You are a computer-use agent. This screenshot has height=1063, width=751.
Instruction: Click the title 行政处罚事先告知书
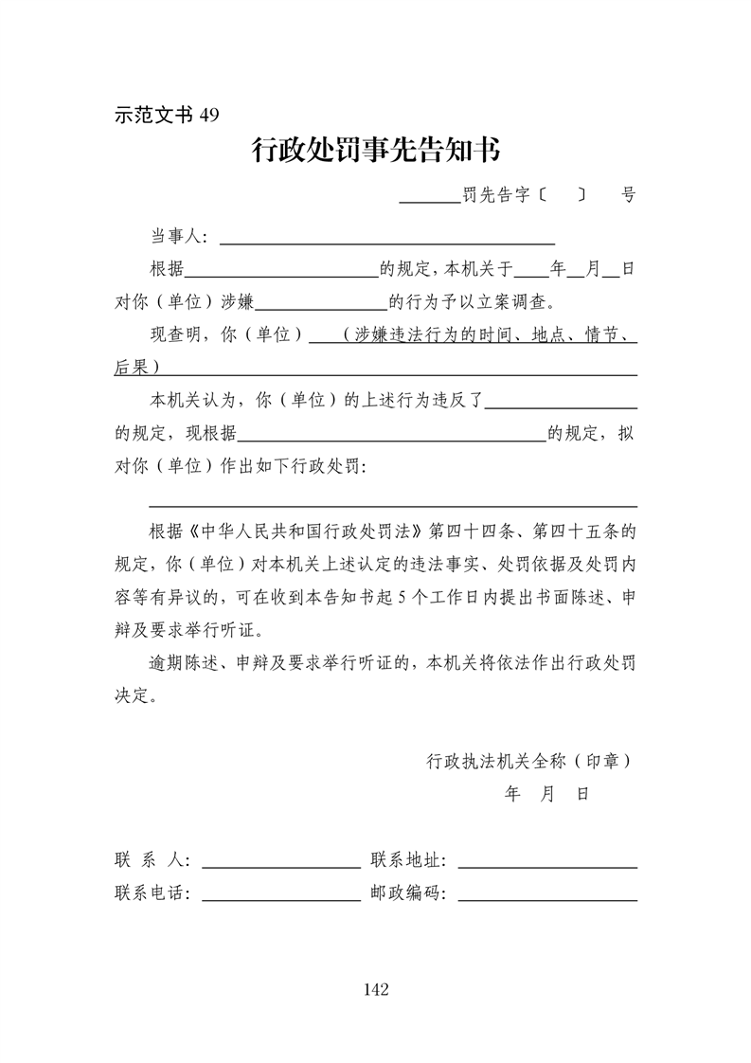[x=375, y=151]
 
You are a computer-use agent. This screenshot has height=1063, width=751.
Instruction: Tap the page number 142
[x=375, y=990]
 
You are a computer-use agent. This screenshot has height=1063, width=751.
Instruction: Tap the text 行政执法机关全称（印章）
[x=529, y=760]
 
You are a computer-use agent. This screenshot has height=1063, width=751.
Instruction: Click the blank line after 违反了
[x=561, y=402]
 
